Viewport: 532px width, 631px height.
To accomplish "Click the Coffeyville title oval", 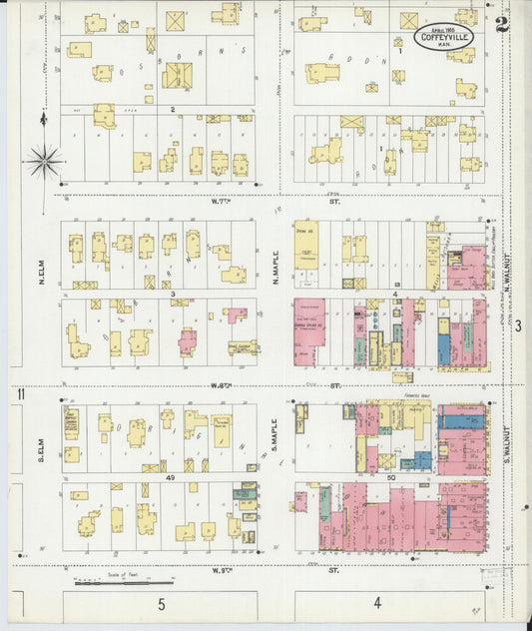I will click(443, 37).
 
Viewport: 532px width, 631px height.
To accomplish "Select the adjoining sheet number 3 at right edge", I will click(518, 324).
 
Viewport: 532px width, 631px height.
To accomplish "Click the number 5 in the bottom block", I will click(160, 604).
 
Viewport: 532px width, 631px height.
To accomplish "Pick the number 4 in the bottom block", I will click(377, 602).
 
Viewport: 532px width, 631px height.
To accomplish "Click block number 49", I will click(171, 480).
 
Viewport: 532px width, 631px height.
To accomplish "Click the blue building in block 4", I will click(443, 348).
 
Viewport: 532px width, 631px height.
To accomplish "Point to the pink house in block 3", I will click(188, 342).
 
